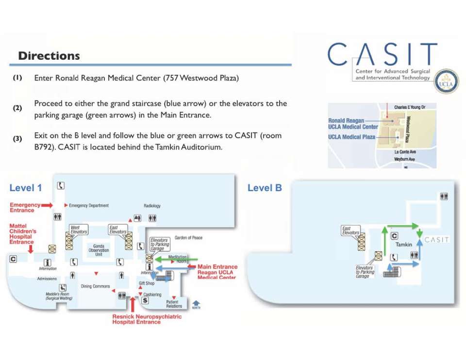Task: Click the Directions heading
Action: pos(49,56)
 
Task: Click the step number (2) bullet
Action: pos(17,108)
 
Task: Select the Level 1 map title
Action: pos(26,188)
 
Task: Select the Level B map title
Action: pos(265,188)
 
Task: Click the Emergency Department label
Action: pos(89,206)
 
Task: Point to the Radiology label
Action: pos(152,206)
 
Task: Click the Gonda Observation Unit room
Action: pos(99,250)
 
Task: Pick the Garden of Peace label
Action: pos(188,238)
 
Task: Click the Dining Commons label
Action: pos(95,286)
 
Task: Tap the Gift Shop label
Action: pos(146,283)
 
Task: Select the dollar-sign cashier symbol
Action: pos(145,300)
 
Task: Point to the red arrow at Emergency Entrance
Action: pos(47,206)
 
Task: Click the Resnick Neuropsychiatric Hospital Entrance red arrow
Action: pos(133,305)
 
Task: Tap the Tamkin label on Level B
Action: pos(403,245)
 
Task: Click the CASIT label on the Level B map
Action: pos(436,240)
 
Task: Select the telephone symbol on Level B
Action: pos(394,257)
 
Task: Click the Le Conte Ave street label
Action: pos(405,152)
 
